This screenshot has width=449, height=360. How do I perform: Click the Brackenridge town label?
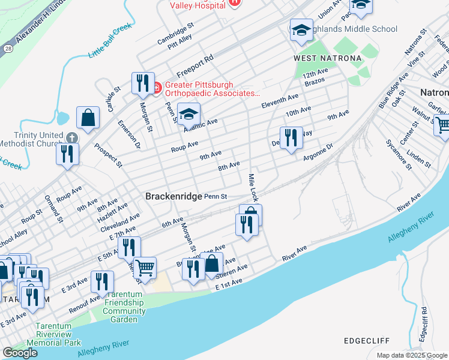pyautogui.click(x=173, y=196)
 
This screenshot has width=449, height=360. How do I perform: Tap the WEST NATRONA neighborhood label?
pyautogui.click(x=327, y=58)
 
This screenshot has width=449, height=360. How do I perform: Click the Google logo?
pyautogui.click(x=20, y=352)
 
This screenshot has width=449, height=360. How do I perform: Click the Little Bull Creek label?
pyautogui.click(x=109, y=45)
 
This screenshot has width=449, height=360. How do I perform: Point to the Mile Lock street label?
pyautogui.click(x=254, y=187)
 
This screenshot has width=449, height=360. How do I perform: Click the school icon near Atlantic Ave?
pyautogui.click(x=188, y=115)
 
